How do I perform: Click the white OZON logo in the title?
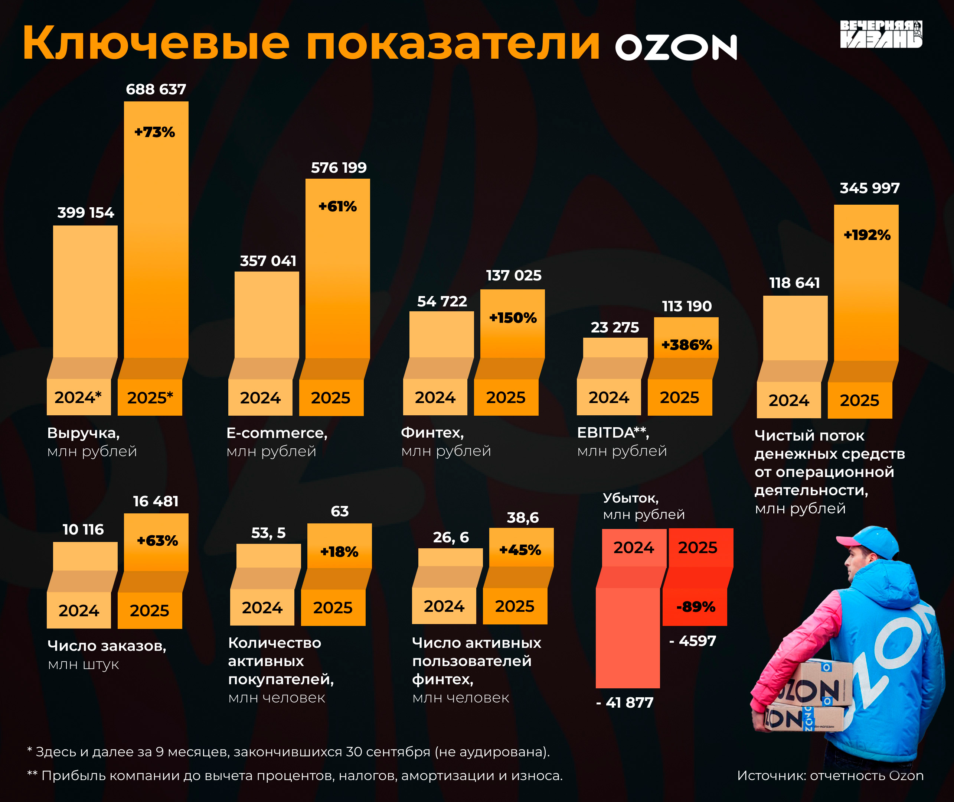tap(676, 47)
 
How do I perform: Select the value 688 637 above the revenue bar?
tap(156, 89)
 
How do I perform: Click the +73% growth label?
tap(154, 132)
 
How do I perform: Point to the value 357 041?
tap(268, 261)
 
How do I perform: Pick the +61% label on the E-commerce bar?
tap(337, 207)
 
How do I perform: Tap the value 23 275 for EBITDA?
tap(615, 327)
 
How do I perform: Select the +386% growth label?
tap(686, 345)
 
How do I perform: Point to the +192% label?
tap(867, 235)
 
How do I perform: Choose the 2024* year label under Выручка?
tap(78, 397)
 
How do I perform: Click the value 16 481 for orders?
tap(156, 501)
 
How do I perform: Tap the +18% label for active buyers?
tap(339, 552)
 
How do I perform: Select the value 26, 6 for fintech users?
tap(451, 538)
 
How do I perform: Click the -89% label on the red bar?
tap(696, 607)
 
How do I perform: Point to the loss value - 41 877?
tap(625, 702)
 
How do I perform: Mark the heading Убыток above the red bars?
tap(631, 498)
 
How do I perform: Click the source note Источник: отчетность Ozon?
tap(830, 776)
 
